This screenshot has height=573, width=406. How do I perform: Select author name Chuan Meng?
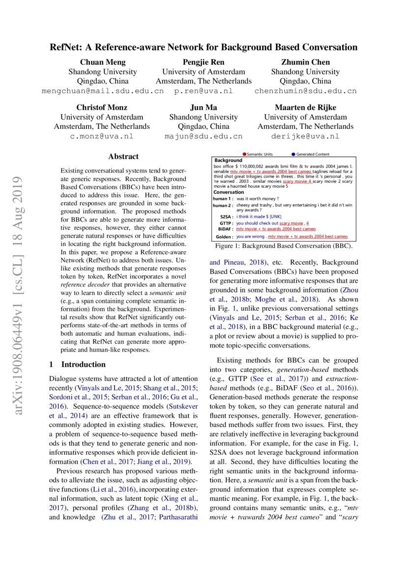pos(103,62)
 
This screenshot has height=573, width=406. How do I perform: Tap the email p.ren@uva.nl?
pos(203,91)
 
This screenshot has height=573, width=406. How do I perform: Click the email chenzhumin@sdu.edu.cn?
pos(305,91)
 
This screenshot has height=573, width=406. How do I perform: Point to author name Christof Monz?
pos(102,107)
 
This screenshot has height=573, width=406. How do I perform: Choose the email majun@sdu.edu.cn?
pos(203,136)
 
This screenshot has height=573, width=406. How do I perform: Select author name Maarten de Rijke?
pos(305,107)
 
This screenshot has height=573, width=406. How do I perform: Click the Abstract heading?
pos(123,157)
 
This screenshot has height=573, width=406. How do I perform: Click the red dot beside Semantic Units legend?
pos(244,154)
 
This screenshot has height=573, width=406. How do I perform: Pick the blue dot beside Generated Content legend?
pos(293,154)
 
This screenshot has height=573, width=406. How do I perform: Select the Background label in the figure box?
pos(228,160)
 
